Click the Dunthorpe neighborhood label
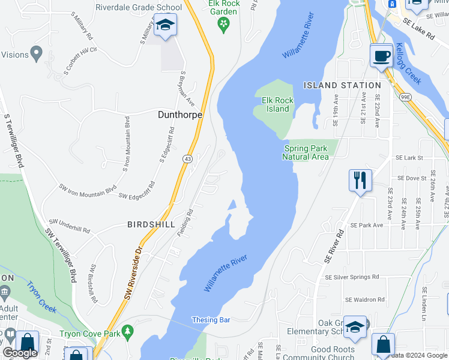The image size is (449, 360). (179, 114)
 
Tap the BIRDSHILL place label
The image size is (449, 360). (151, 224)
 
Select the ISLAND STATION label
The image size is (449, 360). (342, 85)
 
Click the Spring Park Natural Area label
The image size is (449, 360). (306, 152)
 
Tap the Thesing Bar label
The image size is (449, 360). (211, 320)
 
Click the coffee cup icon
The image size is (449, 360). (381, 56)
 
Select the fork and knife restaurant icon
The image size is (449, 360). (360, 179)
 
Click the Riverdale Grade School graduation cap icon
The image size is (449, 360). (164, 26)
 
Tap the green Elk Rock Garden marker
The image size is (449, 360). (224, 23)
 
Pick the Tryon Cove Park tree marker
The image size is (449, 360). (127, 331)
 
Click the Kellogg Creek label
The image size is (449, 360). (409, 64)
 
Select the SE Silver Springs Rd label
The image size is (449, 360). (352, 277)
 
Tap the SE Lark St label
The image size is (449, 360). (409, 158)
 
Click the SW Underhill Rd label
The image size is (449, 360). (70, 226)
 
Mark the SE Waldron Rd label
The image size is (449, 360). (364, 299)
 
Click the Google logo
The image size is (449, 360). (20, 353)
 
